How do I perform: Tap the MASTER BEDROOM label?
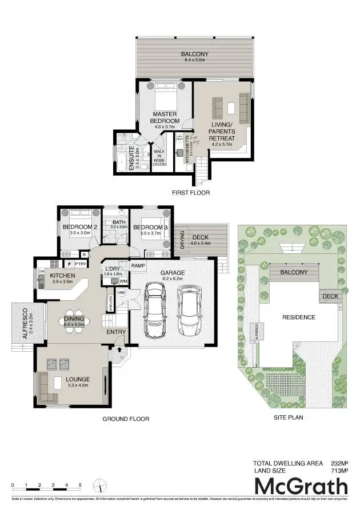click(165, 118)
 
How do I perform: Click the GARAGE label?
click(172, 273)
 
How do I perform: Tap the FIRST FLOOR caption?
click(191, 193)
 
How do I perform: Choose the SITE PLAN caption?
click(289, 417)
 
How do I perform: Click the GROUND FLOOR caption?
click(126, 419)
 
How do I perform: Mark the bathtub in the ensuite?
click(123, 158)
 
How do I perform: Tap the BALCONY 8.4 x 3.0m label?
click(195, 57)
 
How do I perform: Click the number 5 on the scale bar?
click(80, 485)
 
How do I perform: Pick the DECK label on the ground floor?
click(200, 237)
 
